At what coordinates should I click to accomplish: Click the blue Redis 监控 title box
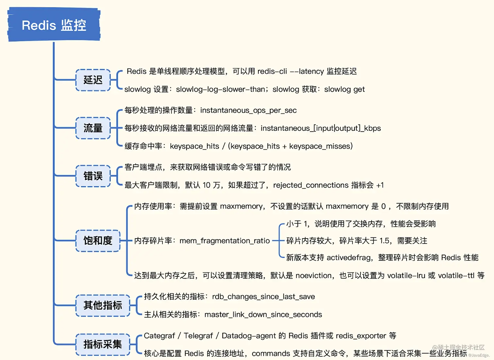pyautogui.click(x=54, y=25)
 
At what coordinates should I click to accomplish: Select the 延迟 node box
pyautogui.click(x=93, y=80)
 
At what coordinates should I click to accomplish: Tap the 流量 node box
pyautogui.click(x=93, y=128)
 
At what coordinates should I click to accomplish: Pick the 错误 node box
pyautogui.click(x=93, y=176)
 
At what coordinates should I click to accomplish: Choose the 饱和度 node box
pyautogui.click(x=98, y=241)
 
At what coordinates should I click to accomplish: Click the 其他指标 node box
pyautogui.click(x=103, y=305)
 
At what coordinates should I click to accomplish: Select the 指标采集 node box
pyautogui.click(x=103, y=344)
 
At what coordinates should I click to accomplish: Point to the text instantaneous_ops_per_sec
pyautogui.click(x=248, y=110)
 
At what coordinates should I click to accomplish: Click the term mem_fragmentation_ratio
pyautogui.click(x=224, y=241)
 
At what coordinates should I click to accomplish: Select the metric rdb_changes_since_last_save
pyautogui.click(x=263, y=297)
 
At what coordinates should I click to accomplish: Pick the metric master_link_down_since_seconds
pyautogui.click(x=263, y=315)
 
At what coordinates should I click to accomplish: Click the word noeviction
pyautogui.click(x=313, y=276)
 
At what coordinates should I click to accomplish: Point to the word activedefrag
pyautogui.click(x=349, y=258)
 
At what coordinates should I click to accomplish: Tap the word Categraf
pyautogui.click(x=159, y=336)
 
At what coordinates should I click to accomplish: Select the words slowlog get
pyautogui.click(x=344, y=90)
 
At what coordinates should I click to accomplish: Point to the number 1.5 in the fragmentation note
pyautogui.click(x=385, y=241)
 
